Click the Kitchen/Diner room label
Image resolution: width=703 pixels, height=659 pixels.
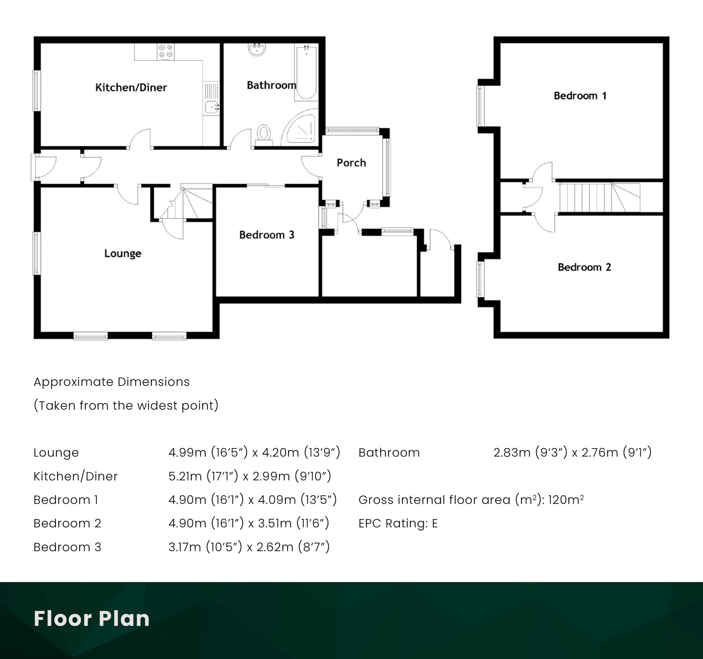click(131, 88)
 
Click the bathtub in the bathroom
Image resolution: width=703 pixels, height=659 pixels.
click(306, 72)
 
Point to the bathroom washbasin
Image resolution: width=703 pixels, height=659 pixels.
click(257, 50)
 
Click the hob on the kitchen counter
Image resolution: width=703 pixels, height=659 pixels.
click(166, 52)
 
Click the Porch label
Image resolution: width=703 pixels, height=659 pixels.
click(351, 163)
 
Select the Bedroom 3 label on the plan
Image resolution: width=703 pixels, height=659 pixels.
click(266, 235)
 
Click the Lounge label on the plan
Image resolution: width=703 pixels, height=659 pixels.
click(122, 253)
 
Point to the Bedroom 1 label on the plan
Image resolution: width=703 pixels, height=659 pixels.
click(580, 96)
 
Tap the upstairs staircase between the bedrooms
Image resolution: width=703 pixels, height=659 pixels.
click(599, 198)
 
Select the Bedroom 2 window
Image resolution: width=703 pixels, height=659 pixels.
click(480, 279)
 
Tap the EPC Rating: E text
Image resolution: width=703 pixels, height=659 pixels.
click(398, 524)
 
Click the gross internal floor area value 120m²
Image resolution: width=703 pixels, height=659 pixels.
click(566, 500)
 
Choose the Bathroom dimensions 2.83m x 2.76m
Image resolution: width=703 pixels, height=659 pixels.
click(572, 453)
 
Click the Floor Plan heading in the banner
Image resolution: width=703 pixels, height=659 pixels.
click(92, 619)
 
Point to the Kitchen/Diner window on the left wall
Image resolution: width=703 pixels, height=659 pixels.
click(36, 90)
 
